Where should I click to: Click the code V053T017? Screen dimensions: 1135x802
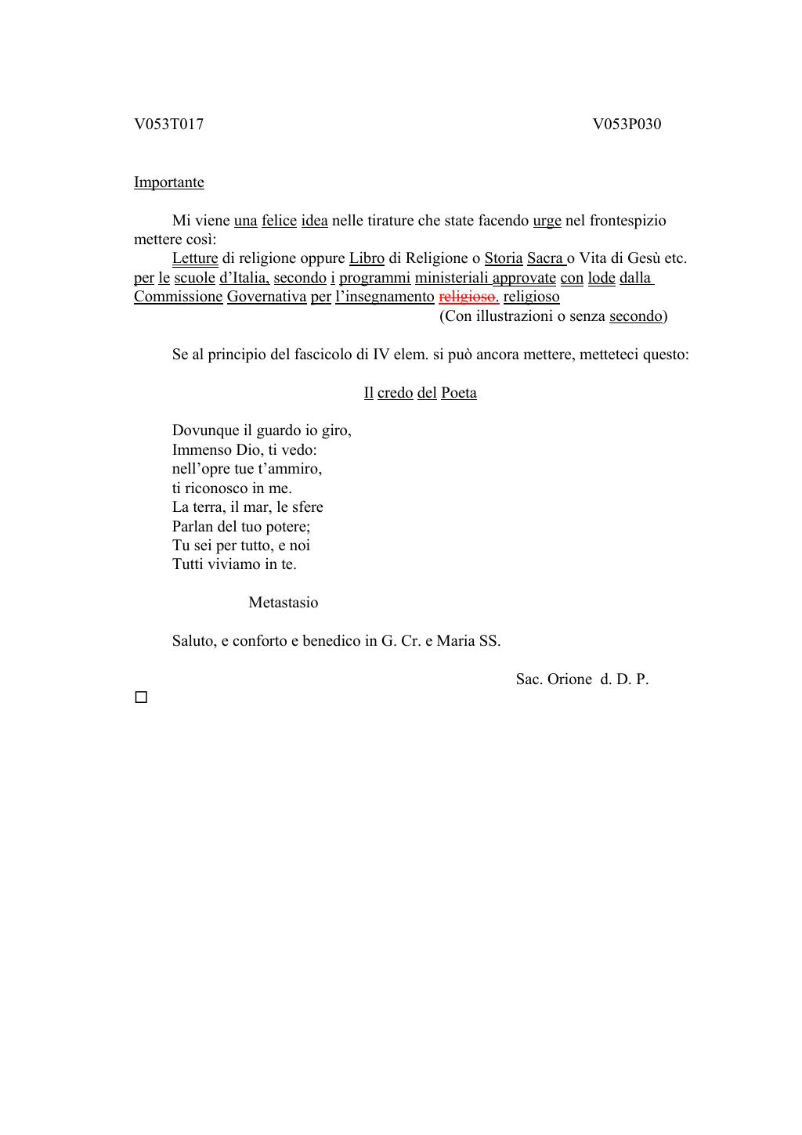(x=168, y=124)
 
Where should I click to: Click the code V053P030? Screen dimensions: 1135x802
(x=627, y=124)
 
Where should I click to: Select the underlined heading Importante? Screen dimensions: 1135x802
(x=168, y=182)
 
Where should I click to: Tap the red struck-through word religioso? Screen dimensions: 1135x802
(x=468, y=297)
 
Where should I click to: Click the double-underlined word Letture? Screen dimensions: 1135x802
(x=195, y=258)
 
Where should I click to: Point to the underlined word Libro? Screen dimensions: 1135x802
(x=367, y=258)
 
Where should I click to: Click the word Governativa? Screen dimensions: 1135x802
(x=266, y=297)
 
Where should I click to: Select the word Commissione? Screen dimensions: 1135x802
(x=178, y=297)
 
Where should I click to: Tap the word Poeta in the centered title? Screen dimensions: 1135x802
(x=459, y=393)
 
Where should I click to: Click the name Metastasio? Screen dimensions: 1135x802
(x=283, y=603)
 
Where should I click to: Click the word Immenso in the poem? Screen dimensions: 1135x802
(x=196, y=450)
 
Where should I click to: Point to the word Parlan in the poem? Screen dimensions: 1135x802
(x=192, y=527)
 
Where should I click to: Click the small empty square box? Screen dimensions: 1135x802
(x=141, y=697)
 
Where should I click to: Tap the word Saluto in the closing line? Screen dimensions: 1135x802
(x=193, y=641)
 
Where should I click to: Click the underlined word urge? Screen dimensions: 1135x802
(x=547, y=221)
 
